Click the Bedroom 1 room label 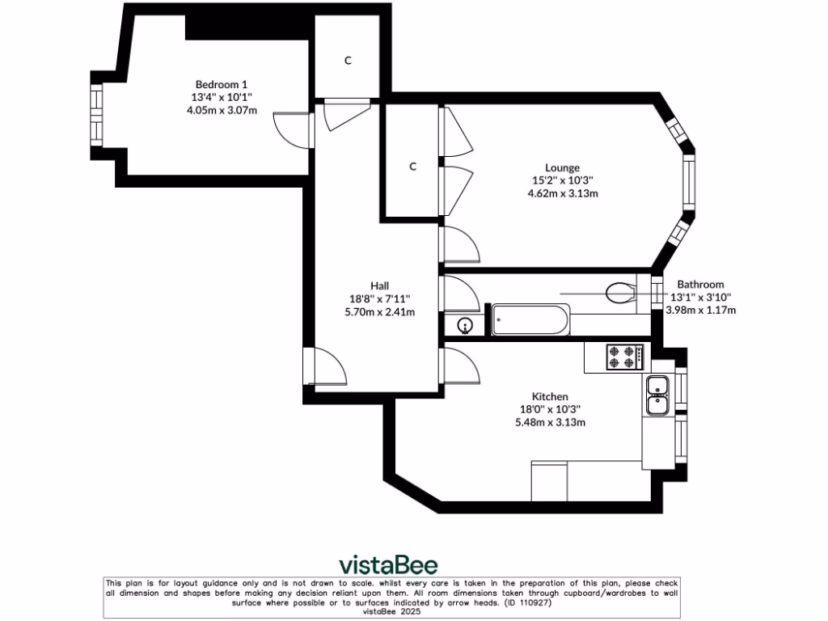[x=222, y=84]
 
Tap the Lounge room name [x=563, y=168]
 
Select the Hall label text [x=380, y=286]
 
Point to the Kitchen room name [x=550, y=396]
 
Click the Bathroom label [x=701, y=285]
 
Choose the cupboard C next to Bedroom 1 [x=348, y=61]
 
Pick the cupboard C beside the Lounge [x=413, y=167]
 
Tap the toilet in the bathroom [x=620, y=293]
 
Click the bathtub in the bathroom [x=530, y=319]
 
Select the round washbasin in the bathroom [x=465, y=325]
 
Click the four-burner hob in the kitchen [x=626, y=357]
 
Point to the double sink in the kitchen [x=658, y=395]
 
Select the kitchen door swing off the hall [x=461, y=365]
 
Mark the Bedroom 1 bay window [x=96, y=115]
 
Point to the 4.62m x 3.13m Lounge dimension [x=563, y=193]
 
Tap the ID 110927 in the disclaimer [x=527, y=602]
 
